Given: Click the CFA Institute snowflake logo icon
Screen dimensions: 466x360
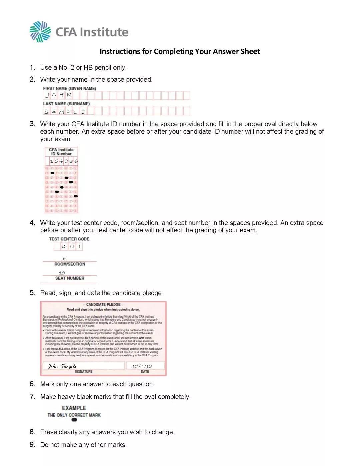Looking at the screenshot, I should (x=40, y=32).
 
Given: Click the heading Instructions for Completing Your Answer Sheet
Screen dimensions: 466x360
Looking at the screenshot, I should (x=180, y=51).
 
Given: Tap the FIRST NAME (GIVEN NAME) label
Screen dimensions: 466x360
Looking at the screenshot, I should (x=69, y=88).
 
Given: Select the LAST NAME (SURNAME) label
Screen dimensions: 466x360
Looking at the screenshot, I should (x=66, y=104).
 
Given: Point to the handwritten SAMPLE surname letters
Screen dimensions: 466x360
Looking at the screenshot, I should (x=65, y=112).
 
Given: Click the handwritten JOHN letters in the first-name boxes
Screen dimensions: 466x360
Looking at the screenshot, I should (x=58, y=95).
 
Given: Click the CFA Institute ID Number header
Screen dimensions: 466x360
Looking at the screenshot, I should (x=61, y=152).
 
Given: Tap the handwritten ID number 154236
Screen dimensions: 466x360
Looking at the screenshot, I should (x=64, y=161).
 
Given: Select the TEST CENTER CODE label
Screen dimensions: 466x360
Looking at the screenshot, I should (x=69, y=239).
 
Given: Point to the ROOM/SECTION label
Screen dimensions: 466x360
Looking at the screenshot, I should (x=70, y=264).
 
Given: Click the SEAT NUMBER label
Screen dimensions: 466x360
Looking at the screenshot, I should (x=70, y=278).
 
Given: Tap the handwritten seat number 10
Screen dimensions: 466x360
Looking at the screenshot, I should (x=62, y=273).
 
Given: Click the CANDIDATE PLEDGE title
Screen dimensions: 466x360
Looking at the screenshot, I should (x=103, y=304).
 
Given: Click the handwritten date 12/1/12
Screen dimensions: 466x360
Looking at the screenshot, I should (x=142, y=366).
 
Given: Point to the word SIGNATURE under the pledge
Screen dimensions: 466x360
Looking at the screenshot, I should (x=84, y=371).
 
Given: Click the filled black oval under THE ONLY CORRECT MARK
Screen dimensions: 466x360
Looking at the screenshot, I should (x=74, y=420).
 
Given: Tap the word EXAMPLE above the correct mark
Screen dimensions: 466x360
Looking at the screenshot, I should (x=74, y=408).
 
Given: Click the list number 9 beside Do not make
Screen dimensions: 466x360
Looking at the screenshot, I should (x=32, y=445).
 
